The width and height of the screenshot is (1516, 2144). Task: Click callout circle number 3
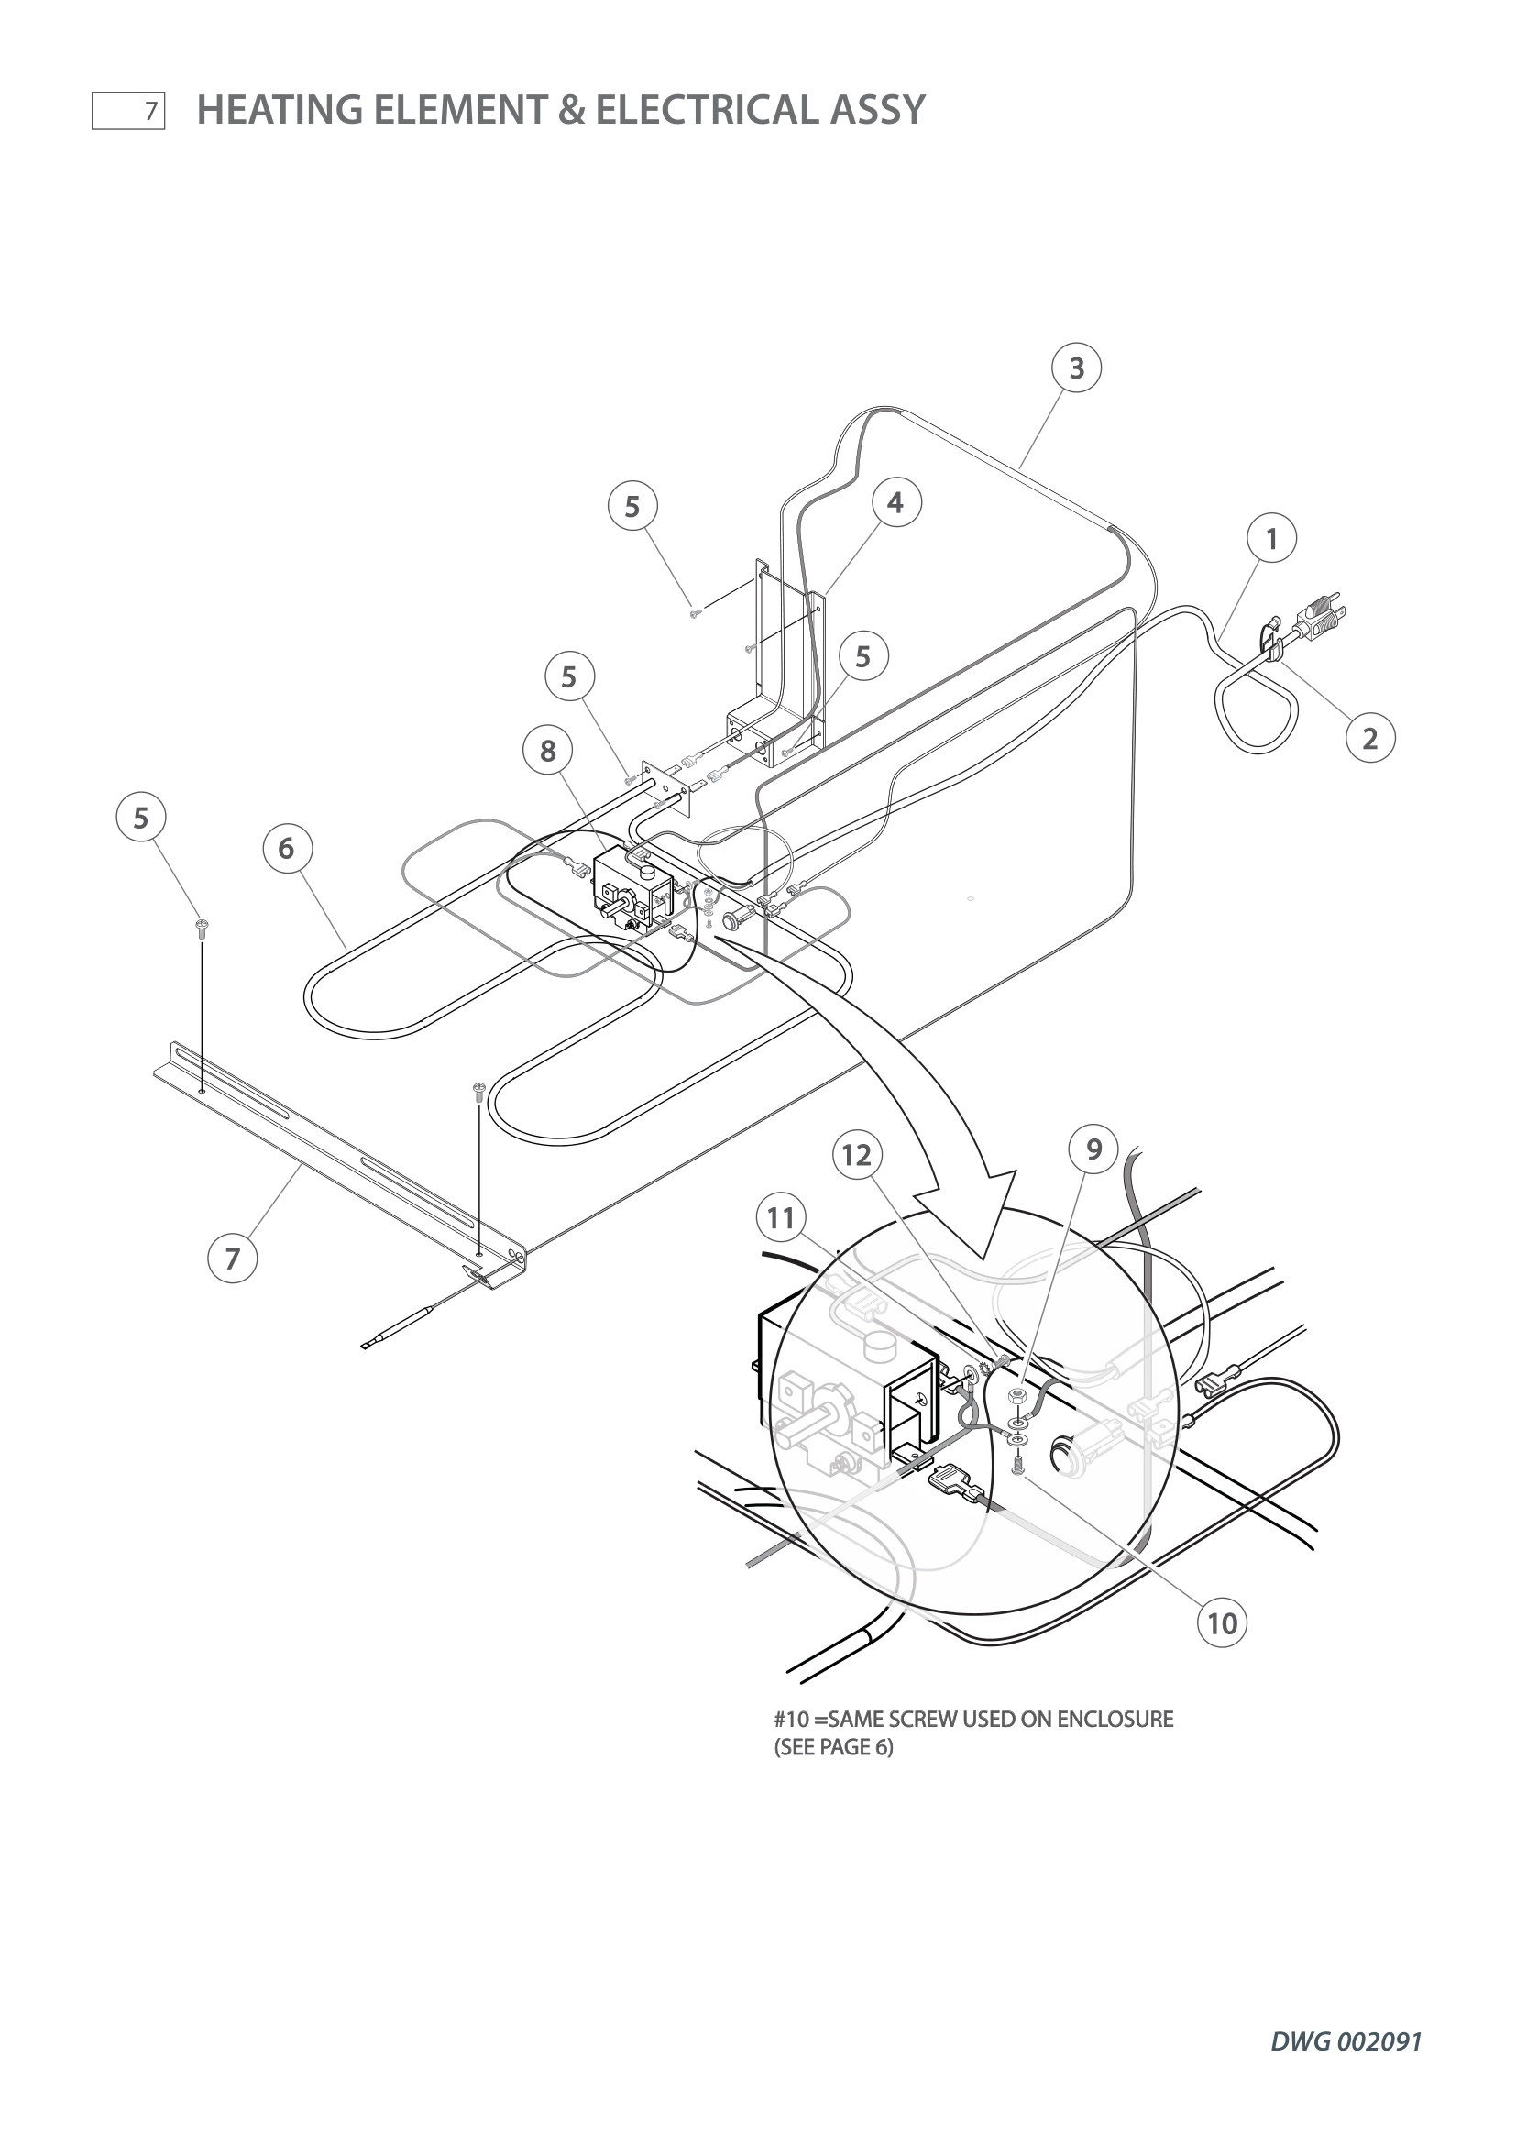(1076, 368)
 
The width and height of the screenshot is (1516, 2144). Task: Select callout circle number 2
(1370, 739)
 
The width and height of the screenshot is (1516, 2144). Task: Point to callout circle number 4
(895, 502)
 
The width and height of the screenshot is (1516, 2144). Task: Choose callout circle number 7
(233, 1258)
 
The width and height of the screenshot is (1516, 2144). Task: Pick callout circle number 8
(548, 750)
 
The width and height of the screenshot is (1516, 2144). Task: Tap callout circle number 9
(1094, 1149)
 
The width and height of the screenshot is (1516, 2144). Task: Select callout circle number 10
(1222, 1623)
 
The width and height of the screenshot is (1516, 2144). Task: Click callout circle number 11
(781, 1217)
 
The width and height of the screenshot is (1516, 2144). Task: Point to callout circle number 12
(857, 1155)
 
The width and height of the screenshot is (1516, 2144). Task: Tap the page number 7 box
(129, 111)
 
